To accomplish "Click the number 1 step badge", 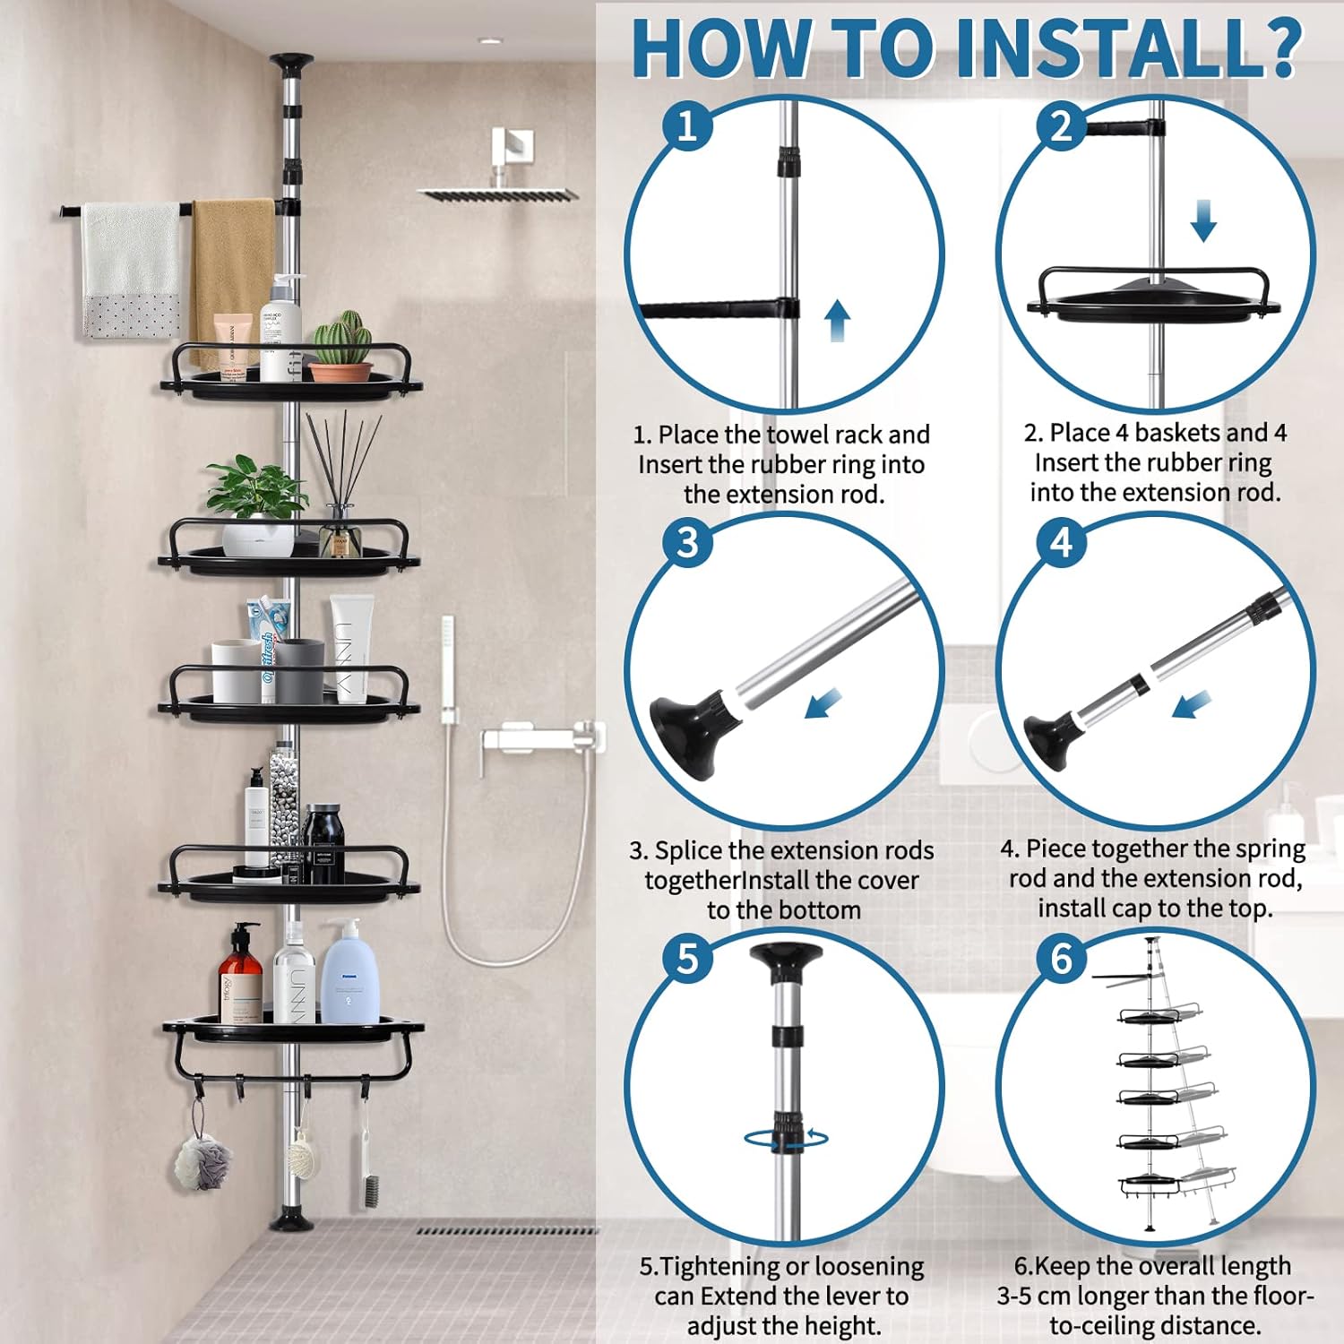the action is coord(687,125).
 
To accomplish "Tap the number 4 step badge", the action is coord(1062,542).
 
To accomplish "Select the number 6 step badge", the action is coord(1062,960).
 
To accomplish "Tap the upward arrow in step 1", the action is coord(837,321).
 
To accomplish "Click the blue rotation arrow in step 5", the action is coord(786,1138).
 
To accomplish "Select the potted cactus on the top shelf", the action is coord(340,347).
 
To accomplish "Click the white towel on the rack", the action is coord(131,270).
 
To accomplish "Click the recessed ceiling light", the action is coord(490,40).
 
